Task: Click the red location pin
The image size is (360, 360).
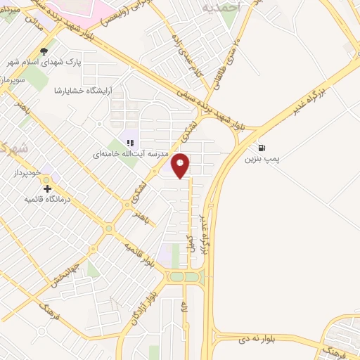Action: tap(181, 165)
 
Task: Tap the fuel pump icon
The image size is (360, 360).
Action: tap(262, 148)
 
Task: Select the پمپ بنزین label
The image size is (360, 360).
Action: tap(262, 160)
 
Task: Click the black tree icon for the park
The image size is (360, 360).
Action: tap(44, 51)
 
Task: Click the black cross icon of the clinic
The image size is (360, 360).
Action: tap(47, 188)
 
